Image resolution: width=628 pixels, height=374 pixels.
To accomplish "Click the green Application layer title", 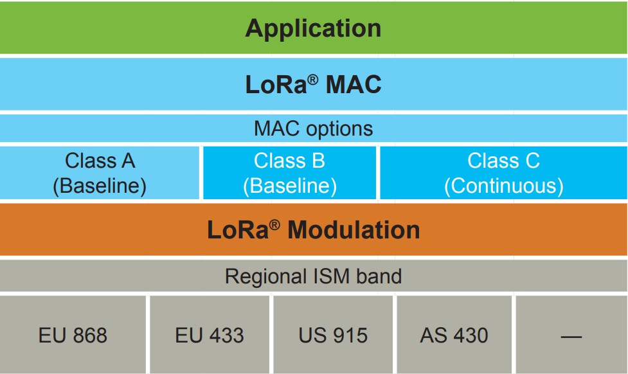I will pyautogui.click(x=313, y=28).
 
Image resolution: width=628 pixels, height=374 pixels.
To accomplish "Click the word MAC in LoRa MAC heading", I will pyautogui.click(x=353, y=85).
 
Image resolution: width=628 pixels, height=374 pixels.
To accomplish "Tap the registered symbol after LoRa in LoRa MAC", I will pyautogui.click(x=312, y=78).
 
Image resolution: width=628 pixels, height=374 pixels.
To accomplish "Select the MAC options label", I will pyautogui.click(x=313, y=129).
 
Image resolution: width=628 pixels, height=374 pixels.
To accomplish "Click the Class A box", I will pyautogui.click(x=100, y=173).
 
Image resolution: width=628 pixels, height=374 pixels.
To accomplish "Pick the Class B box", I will pyautogui.click(x=289, y=173).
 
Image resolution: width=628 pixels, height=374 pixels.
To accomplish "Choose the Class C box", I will pyautogui.click(x=503, y=173).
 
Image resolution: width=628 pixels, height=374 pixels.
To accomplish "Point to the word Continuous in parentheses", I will pyautogui.click(x=503, y=186).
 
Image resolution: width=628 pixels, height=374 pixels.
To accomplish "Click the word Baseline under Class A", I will pyautogui.click(x=100, y=186).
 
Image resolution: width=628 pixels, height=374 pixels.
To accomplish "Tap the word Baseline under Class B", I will pyautogui.click(x=290, y=186).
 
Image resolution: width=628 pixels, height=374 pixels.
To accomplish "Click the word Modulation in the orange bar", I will pyautogui.click(x=354, y=230).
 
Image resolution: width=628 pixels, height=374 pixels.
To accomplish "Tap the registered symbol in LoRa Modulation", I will pyautogui.click(x=274, y=224).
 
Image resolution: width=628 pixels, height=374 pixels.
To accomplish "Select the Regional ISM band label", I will pyautogui.click(x=313, y=276).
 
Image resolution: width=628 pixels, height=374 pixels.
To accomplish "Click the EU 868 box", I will pyautogui.click(x=73, y=335).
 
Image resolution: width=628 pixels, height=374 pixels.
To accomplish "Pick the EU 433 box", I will pyautogui.click(x=210, y=335).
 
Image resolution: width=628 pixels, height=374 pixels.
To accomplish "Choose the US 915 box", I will pyautogui.click(x=333, y=335).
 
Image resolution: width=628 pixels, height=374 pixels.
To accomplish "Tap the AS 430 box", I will pyautogui.click(x=454, y=335).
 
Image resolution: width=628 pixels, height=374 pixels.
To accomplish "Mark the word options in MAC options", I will pyautogui.click(x=339, y=129).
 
